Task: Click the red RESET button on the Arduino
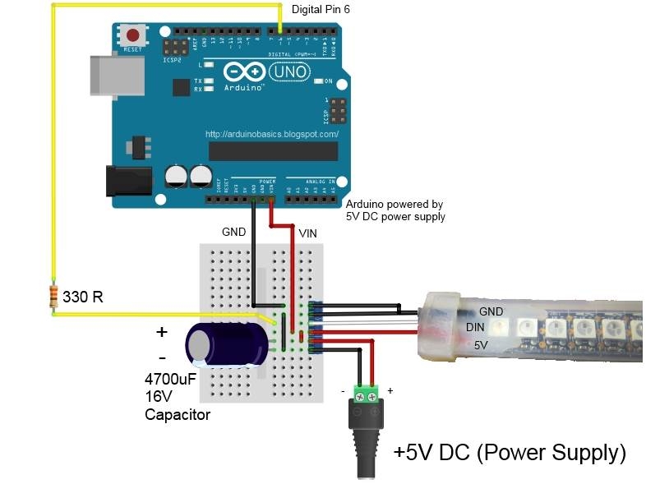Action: (132, 35)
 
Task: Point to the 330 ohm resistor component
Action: (53, 294)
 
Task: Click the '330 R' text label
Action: (85, 297)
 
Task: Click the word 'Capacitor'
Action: (177, 415)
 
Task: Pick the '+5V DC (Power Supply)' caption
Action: (509, 452)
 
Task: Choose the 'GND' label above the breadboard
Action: (233, 233)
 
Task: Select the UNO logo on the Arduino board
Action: (289, 71)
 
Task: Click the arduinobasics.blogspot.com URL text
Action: (271, 133)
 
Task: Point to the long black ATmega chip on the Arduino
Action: (273, 151)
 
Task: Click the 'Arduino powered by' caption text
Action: (395, 204)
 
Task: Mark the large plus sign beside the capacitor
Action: (161, 332)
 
